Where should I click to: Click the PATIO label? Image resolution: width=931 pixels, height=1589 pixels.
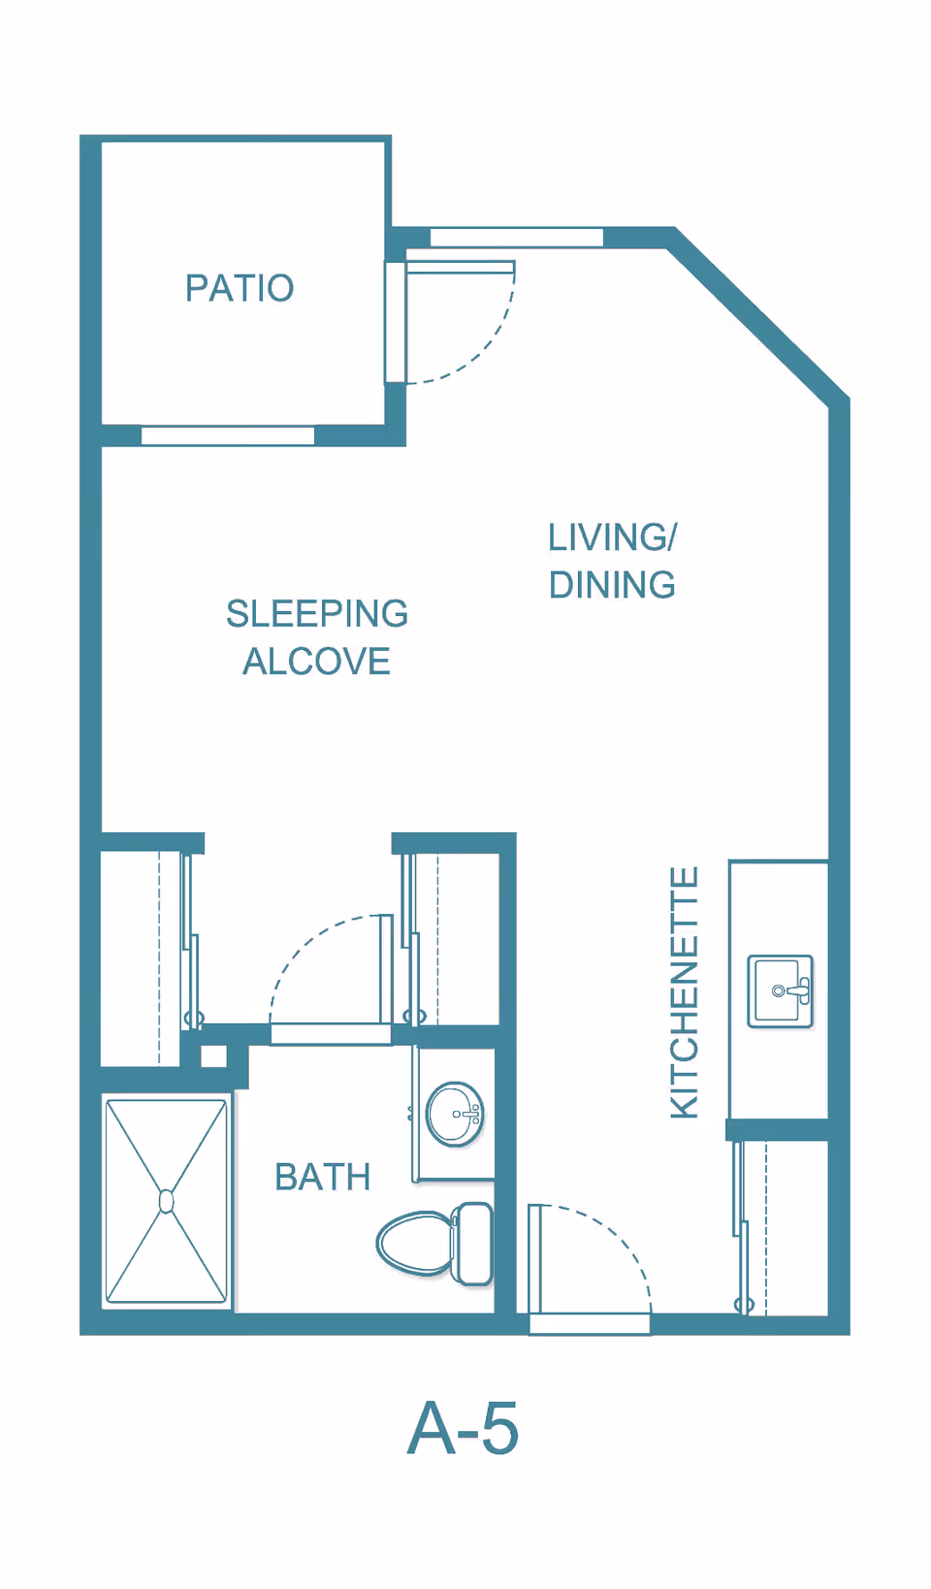click(x=240, y=288)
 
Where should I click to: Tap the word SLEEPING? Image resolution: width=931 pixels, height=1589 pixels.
click(x=317, y=614)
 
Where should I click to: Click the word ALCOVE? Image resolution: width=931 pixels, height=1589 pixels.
click(x=316, y=662)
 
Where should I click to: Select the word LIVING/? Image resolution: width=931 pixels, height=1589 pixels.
click(x=612, y=537)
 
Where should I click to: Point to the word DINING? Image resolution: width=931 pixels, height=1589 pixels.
click(x=612, y=585)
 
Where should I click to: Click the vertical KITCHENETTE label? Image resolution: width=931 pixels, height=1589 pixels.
click(x=685, y=992)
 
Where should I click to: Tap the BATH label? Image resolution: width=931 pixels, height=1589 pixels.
click(x=322, y=1177)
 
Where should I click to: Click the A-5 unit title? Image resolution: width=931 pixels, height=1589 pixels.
click(x=463, y=1428)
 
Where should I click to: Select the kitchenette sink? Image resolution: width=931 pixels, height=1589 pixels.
click(x=780, y=990)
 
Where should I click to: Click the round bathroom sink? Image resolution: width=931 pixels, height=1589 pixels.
click(x=455, y=1115)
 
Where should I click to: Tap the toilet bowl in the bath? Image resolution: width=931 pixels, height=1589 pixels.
click(x=414, y=1242)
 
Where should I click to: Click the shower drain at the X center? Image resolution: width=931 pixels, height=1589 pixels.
click(x=166, y=1201)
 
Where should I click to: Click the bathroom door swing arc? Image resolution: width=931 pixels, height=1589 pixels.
click(x=303, y=944)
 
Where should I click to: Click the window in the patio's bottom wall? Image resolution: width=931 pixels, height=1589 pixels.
click(x=228, y=436)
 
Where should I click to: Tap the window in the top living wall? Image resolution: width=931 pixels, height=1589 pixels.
click(x=516, y=238)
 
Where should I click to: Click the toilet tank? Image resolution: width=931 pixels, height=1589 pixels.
click(x=473, y=1243)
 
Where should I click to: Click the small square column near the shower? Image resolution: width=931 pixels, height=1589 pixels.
click(x=213, y=1056)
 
